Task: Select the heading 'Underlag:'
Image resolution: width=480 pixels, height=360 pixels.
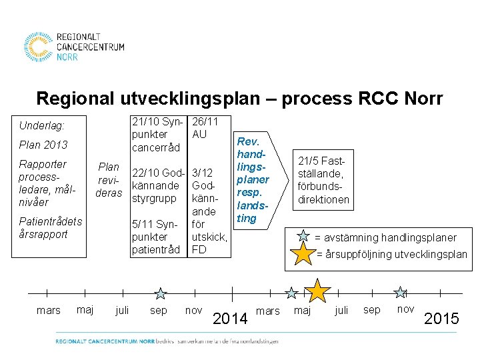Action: point(42,125)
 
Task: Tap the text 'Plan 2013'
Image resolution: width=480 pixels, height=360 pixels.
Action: point(43,145)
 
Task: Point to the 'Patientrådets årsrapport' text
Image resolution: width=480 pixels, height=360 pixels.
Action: point(51,227)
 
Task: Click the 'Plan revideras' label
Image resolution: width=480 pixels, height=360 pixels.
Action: point(109,180)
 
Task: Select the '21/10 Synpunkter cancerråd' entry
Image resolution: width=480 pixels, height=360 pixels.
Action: point(157,134)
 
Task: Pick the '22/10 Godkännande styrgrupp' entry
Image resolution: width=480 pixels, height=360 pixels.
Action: point(157,185)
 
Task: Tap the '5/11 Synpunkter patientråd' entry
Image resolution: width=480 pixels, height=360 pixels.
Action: point(156,237)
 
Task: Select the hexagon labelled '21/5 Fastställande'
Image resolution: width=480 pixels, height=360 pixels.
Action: point(323,180)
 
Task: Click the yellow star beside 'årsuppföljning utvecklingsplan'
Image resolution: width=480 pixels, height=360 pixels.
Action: point(304,254)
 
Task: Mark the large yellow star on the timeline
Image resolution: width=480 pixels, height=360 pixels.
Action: point(318,291)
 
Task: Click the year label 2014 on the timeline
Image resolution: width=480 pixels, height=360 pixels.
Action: point(230,319)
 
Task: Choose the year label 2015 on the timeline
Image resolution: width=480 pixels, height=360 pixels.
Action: point(441,319)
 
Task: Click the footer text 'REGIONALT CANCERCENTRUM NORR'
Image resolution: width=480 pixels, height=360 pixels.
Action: point(105,341)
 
